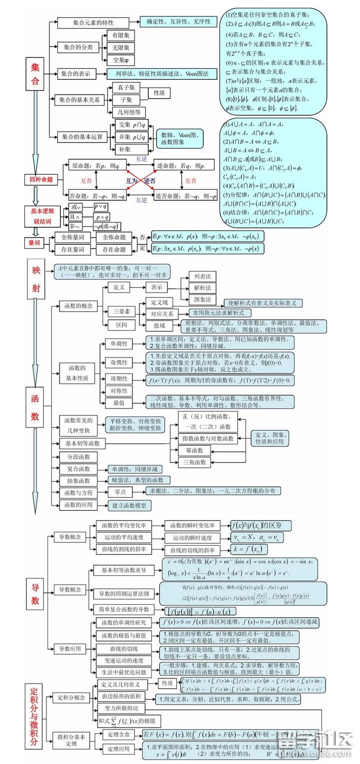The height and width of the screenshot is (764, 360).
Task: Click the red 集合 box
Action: (35, 73)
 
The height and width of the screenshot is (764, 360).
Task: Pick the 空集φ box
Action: (120, 60)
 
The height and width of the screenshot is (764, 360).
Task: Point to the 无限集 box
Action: (120, 48)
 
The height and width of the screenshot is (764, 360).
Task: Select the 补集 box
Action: (125, 149)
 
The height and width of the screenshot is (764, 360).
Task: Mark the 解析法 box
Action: (202, 288)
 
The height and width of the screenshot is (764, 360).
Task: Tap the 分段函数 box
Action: (79, 457)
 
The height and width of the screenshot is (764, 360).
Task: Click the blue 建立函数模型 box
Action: (129, 505)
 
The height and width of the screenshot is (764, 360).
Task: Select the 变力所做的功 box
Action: (121, 709)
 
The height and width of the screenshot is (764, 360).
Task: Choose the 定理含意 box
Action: (119, 735)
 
